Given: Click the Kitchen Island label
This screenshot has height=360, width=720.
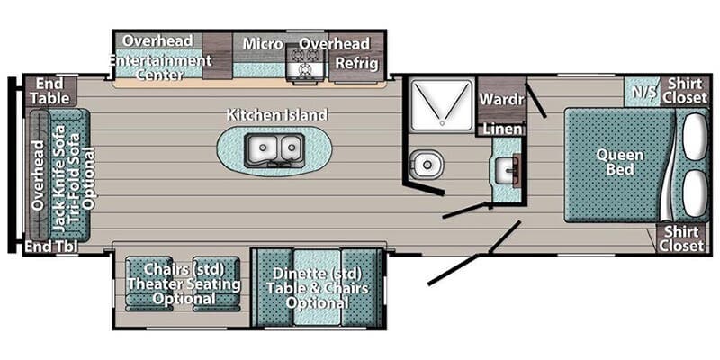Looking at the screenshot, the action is (x=277, y=115).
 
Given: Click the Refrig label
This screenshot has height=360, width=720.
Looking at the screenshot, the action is (x=357, y=63).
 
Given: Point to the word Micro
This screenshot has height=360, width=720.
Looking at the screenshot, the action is (x=263, y=44).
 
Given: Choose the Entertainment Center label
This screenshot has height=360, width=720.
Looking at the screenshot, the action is (x=160, y=67).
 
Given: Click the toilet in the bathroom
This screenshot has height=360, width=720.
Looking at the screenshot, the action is (x=426, y=164).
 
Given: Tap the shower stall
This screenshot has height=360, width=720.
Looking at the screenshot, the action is (x=441, y=105).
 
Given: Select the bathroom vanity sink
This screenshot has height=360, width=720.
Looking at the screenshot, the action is (x=508, y=170).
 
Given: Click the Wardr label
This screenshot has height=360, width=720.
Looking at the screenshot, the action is (x=501, y=99).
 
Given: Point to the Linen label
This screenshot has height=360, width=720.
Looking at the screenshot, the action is (x=503, y=129).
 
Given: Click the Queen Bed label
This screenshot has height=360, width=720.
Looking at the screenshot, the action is (x=620, y=162).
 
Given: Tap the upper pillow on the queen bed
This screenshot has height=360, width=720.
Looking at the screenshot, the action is (x=695, y=137).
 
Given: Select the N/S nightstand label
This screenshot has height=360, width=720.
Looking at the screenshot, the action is (x=643, y=92).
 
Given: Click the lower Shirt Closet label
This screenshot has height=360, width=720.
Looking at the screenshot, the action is (x=681, y=238).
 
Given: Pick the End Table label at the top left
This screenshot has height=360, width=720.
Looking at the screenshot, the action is (x=50, y=91).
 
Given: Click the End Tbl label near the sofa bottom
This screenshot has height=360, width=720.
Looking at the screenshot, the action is (x=51, y=247).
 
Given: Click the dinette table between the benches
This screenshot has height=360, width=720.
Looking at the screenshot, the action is (x=317, y=287).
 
